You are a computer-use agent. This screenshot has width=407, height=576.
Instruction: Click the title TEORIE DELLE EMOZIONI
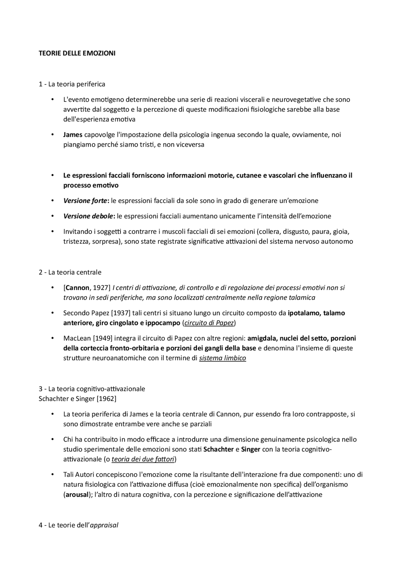tap(77, 53)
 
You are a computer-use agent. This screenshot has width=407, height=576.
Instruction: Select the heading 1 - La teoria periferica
tap(72, 84)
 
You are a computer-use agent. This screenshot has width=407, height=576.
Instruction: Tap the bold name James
tap(73, 135)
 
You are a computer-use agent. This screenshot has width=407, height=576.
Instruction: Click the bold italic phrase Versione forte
tap(85, 201)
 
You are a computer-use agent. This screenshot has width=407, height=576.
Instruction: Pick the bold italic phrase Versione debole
tap(88, 216)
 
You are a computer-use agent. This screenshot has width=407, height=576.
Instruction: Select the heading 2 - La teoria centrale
tap(70, 272)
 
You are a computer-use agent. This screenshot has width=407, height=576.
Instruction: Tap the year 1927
tap(101, 288)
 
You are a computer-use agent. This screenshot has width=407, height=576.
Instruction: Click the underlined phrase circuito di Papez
tap(209, 323)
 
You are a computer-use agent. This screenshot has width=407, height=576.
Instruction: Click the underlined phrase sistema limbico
tap(222, 358)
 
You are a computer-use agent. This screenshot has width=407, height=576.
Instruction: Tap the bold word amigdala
tap(261, 338)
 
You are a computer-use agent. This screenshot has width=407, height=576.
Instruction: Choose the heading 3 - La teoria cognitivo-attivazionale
tap(92, 389)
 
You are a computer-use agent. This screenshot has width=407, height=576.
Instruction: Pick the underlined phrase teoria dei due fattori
tap(143, 459)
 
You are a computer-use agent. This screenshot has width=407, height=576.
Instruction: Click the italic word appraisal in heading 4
tap(104, 525)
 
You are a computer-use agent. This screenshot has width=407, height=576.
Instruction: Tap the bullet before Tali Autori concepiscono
tap(52, 475)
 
